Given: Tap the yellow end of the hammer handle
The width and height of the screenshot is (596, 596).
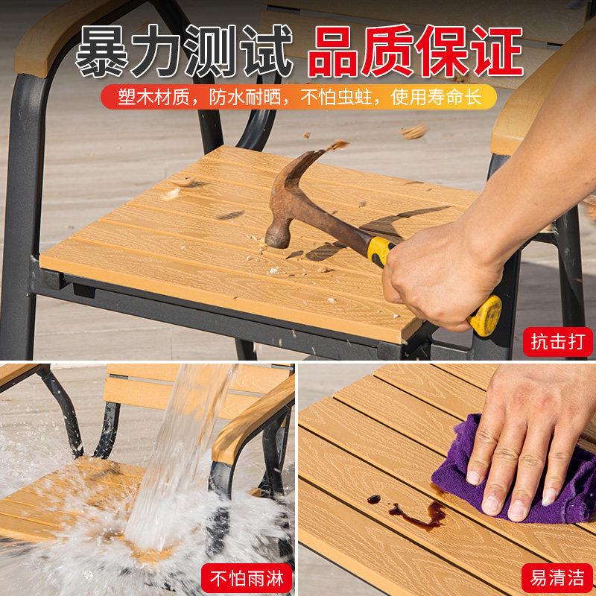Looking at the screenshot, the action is pyautogui.click(x=486, y=315).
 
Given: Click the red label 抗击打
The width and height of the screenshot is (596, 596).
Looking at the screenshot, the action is pyautogui.click(x=557, y=342).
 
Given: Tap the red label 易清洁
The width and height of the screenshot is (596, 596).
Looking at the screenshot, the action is pyautogui.click(x=557, y=578).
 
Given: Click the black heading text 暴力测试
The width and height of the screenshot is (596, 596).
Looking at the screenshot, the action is pyautogui.click(x=184, y=51).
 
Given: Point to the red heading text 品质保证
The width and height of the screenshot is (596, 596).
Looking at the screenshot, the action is pyautogui.click(x=416, y=51).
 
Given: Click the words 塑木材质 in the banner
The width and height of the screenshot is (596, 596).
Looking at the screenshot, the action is pyautogui.click(x=153, y=98).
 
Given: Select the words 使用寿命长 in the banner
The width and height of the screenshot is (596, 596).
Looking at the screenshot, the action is pyautogui.click(x=437, y=98).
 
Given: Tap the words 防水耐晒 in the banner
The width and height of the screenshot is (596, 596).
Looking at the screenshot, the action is pyautogui.click(x=245, y=98).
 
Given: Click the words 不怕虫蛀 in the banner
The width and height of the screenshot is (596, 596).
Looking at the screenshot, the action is pyautogui.click(x=336, y=98).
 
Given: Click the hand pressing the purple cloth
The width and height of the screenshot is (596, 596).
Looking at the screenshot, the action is pyautogui.click(x=532, y=437).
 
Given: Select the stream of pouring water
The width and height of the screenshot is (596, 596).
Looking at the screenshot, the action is pyautogui.click(x=179, y=456).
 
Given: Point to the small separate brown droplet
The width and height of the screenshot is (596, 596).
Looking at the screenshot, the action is pyautogui.click(x=374, y=499).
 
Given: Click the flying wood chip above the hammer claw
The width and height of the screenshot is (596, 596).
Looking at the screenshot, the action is pyautogui.click(x=337, y=145).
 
